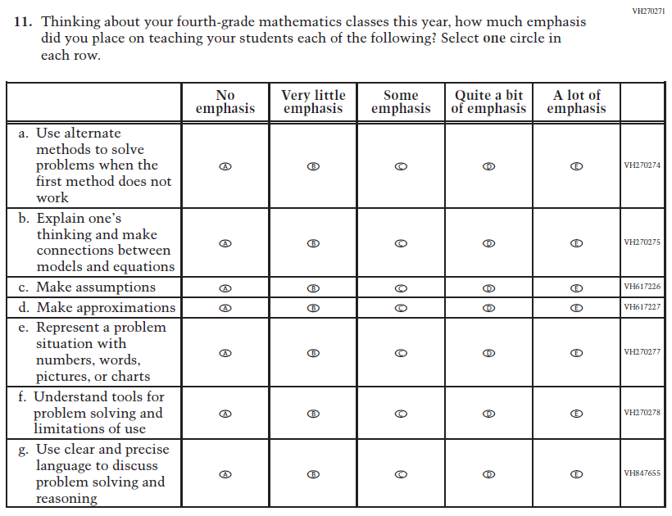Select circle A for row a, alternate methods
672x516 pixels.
click(225, 165)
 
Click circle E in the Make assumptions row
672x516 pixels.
click(577, 287)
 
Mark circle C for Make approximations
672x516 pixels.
click(401, 308)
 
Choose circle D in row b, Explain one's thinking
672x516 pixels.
click(488, 243)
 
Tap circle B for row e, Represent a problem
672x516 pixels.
click(313, 353)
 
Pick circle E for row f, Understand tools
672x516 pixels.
click(577, 414)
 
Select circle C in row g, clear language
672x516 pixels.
click(401, 474)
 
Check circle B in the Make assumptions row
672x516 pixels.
click(313, 287)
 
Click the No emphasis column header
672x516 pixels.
click(225, 102)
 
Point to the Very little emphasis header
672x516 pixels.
click(313, 102)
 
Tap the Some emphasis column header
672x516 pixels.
click(401, 102)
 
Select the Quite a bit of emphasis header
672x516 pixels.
click(488, 102)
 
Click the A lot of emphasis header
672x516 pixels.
click(577, 102)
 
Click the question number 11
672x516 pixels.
click(24, 23)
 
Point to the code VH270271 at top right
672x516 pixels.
click(648, 11)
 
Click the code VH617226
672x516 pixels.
click(642, 287)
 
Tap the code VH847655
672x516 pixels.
click(642, 474)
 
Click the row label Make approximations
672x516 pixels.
click(97, 308)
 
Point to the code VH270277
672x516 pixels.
click(642, 352)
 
